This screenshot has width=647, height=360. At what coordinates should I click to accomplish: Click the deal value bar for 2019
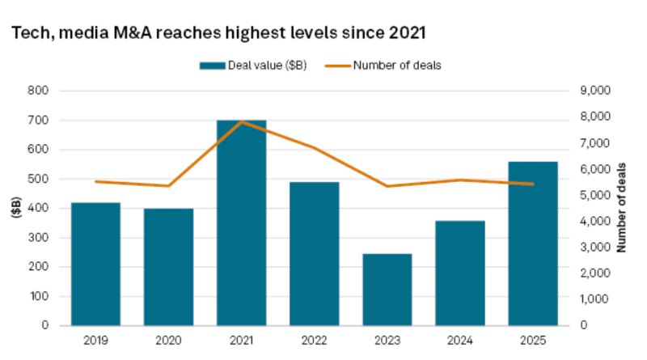(x=95, y=264)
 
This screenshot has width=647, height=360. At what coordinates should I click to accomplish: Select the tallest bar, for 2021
(x=241, y=222)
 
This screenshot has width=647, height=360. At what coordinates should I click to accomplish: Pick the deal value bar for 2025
(x=532, y=243)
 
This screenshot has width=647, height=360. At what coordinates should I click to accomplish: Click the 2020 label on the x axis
(x=168, y=340)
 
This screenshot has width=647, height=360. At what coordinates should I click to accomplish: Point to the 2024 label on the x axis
(x=459, y=340)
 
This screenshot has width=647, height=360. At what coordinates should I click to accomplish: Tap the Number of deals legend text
(x=396, y=65)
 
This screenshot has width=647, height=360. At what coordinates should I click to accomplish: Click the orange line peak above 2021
(x=241, y=122)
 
